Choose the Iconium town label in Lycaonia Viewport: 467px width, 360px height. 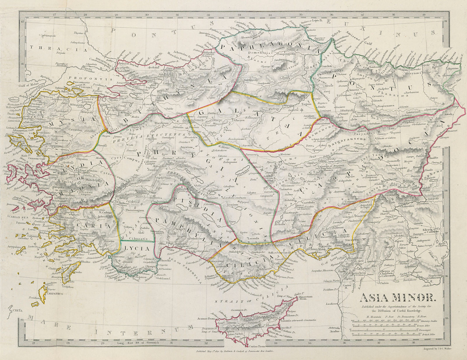pos(233,205)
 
